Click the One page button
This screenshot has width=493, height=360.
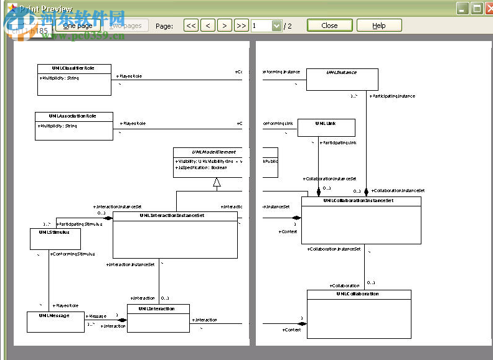click(78, 25)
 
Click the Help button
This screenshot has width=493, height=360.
click(379, 25)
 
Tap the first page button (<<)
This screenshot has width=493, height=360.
click(191, 25)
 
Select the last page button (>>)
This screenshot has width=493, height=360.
click(241, 25)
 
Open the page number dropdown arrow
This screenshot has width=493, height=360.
click(276, 25)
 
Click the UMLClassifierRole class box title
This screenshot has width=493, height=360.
click(74, 68)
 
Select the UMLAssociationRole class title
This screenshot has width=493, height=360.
click(73, 116)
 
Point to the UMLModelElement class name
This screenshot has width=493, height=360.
click(197, 152)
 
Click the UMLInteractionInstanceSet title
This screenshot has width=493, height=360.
click(175, 216)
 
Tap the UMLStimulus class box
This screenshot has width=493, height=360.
click(55, 239)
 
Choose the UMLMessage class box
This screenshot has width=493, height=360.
click(55, 321)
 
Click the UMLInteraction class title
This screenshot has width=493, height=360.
click(158, 308)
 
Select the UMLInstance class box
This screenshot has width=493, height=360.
click(342, 79)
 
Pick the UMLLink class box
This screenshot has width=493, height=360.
click(326, 127)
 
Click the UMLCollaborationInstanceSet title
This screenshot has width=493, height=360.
click(361, 201)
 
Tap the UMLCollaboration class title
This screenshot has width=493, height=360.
click(359, 293)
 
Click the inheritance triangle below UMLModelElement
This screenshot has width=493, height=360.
click(217, 182)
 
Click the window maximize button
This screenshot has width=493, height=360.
click(476, 8)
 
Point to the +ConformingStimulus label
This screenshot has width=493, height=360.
click(73, 254)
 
